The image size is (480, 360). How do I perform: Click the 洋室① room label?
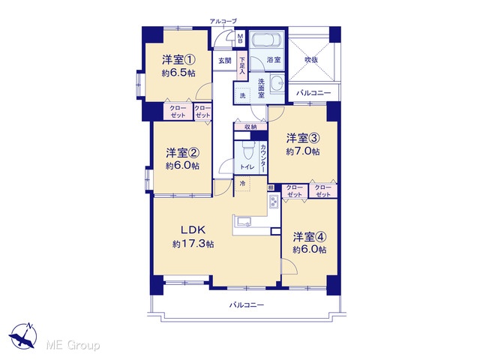(178, 59)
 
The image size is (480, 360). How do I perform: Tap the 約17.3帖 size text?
(193, 244)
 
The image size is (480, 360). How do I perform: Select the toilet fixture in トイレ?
(247, 150)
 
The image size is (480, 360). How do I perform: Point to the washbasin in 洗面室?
(278, 82)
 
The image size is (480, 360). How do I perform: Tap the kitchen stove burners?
(273, 201)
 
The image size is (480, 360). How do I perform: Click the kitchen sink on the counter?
(244, 222)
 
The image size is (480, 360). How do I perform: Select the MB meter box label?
(240, 38)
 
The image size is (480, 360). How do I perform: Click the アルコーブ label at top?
(223, 21)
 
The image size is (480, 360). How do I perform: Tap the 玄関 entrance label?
(225, 61)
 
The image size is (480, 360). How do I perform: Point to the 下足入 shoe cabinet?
(242, 66)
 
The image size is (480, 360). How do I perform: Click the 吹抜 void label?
(311, 60)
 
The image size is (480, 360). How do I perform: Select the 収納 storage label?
(250, 127)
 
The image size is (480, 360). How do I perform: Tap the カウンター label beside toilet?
(263, 158)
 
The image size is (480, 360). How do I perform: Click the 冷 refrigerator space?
(243, 184)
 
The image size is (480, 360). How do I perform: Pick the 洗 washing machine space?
(243, 95)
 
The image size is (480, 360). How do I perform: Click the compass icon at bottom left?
(23, 335)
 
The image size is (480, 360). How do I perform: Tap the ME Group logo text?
(73, 345)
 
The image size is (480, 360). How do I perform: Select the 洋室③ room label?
(303, 138)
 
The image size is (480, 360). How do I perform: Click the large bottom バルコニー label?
(247, 305)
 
